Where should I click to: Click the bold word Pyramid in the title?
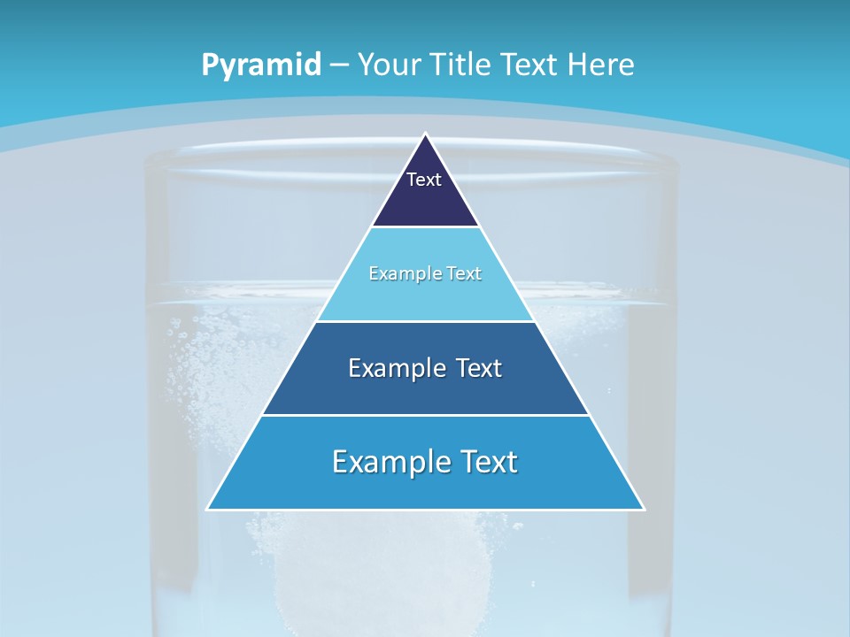coord(260,65)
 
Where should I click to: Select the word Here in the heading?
coord(601,65)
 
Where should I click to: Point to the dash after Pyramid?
coord(338,65)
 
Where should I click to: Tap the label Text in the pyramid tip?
coord(424,180)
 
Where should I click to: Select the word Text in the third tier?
coord(478,368)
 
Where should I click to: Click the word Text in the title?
coord(531,65)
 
